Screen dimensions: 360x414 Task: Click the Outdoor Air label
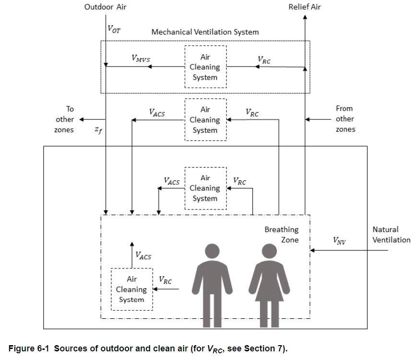coord(105,7)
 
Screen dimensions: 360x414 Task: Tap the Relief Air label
coord(305,7)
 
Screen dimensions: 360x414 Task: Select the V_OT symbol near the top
coord(114,29)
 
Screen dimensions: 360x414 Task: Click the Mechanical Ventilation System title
coord(205,32)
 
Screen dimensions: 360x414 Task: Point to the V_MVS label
coord(141,58)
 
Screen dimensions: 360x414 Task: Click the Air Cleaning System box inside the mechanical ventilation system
coord(205,67)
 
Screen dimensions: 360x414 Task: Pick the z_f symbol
coord(98,130)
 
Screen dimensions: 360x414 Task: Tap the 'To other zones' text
coord(65,119)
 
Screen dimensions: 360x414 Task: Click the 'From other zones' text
coord(344,119)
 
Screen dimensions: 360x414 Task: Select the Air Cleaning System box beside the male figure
coord(131,289)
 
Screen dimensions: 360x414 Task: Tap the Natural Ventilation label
coord(391,235)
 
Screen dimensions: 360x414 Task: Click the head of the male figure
coord(212,252)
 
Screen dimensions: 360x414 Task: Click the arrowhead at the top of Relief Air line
coord(305,16)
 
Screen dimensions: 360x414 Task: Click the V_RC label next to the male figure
coord(165,281)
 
